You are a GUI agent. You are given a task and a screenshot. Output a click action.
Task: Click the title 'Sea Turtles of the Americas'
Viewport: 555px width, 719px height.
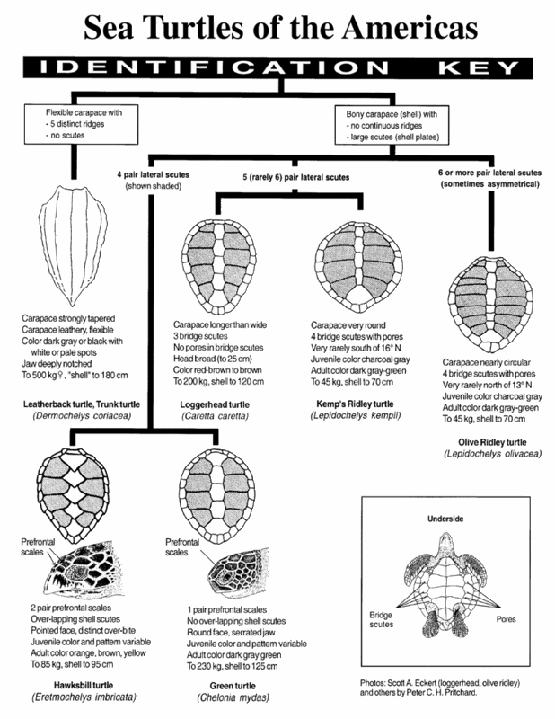277,29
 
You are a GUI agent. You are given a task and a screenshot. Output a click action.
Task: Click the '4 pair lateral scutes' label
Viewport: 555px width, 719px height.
149,173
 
